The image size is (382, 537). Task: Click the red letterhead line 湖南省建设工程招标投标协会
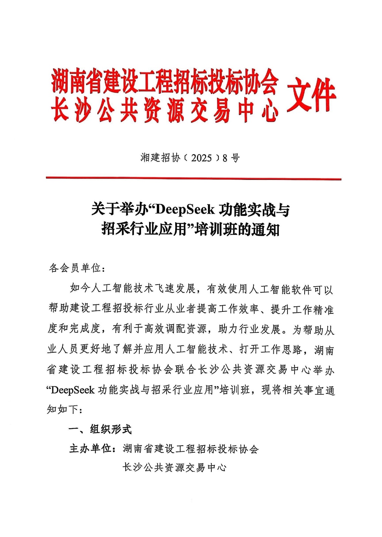[x=165, y=82]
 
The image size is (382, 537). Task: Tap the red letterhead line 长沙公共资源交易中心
[x=165, y=110]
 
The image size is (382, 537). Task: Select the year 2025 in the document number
[x=201, y=158]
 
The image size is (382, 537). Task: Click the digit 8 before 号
[x=225, y=158]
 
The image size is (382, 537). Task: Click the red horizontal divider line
[x=193, y=178]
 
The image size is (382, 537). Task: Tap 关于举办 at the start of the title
[x=119, y=210]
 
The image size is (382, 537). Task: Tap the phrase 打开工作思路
[x=271, y=349]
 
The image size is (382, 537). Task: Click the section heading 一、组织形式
[x=100, y=429]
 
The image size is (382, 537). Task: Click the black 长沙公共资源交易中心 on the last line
[x=174, y=468]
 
